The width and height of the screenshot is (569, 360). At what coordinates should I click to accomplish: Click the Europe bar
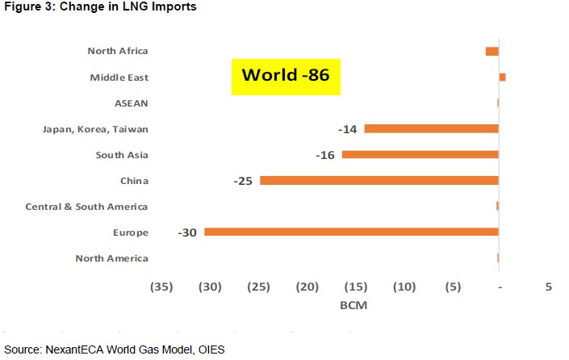point(351,232)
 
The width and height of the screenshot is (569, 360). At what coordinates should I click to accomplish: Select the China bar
point(379,180)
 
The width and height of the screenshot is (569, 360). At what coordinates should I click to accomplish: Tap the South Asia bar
point(420,154)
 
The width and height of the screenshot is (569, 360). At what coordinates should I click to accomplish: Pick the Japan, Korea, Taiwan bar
point(431,128)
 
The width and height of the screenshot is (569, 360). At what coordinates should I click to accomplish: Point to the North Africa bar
point(492,51)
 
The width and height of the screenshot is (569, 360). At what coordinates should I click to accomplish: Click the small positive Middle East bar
point(502,77)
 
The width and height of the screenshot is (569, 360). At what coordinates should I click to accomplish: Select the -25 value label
point(243,181)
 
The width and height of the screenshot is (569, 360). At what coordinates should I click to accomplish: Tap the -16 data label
point(326,155)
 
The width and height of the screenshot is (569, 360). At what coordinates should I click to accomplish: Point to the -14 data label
point(348,129)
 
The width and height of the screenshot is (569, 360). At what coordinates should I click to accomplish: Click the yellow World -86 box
point(286,76)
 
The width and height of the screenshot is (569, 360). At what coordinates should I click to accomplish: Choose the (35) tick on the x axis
point(161,287)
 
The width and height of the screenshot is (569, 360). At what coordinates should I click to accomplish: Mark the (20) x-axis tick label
point(307,287)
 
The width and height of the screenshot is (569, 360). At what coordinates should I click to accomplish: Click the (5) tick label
point(453,287)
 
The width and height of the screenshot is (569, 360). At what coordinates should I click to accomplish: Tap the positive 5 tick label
point(549,287)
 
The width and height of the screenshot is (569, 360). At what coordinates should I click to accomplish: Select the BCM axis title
point(355,307)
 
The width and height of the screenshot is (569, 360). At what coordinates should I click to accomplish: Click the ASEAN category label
point(132,103)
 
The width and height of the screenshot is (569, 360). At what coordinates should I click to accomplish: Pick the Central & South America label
point(86,207)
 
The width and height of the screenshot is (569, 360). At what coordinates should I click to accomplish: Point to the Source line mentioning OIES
point(115,349)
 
